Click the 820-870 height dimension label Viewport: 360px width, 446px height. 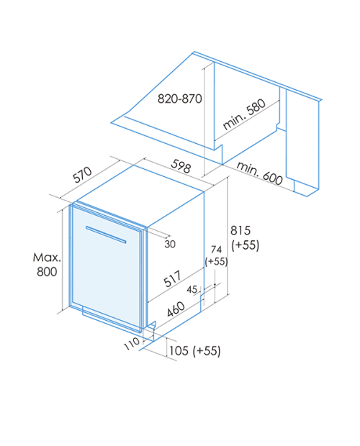point(180,99)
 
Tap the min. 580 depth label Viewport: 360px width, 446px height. point(244,114)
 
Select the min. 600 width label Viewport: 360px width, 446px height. point(259,173)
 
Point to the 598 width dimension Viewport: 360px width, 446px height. point(181,166)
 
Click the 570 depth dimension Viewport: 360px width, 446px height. point(82,174)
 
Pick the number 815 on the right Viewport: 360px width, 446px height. point(240,230)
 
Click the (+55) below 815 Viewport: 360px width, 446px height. point(245,245)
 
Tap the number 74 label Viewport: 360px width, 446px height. point(216,250)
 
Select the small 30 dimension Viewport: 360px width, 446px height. point(170,244)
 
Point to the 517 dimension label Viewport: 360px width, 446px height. point(173,278)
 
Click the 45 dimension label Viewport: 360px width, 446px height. point(192,289)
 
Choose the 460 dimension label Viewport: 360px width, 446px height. point(176,309)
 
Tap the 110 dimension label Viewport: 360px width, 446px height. point(132,344)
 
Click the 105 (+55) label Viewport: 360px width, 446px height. point(195,350)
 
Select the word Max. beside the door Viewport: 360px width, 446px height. point(47,258)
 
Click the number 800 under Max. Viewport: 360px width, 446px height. point(47,272)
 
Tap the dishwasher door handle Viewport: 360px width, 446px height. point(106,235)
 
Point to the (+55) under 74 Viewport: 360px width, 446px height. point(216,262)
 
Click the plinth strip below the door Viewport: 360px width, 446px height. point(112,319)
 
